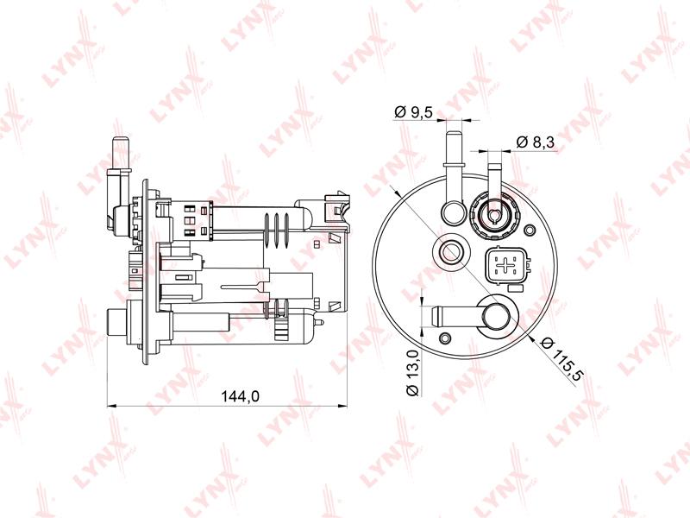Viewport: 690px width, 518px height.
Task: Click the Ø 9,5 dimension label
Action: (x=414, y=113)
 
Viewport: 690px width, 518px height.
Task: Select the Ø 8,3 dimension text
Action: (x=536, y=142)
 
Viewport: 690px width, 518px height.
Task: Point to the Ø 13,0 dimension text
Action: (x=414, y=373)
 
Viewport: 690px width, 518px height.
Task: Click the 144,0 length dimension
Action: (x=241, y=396)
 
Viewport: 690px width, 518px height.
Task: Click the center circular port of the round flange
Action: (x=449, y=253)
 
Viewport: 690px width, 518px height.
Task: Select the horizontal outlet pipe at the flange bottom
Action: (x=471, y=316)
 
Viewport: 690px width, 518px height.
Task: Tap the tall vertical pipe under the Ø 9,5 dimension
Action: (x=454, y=176)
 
